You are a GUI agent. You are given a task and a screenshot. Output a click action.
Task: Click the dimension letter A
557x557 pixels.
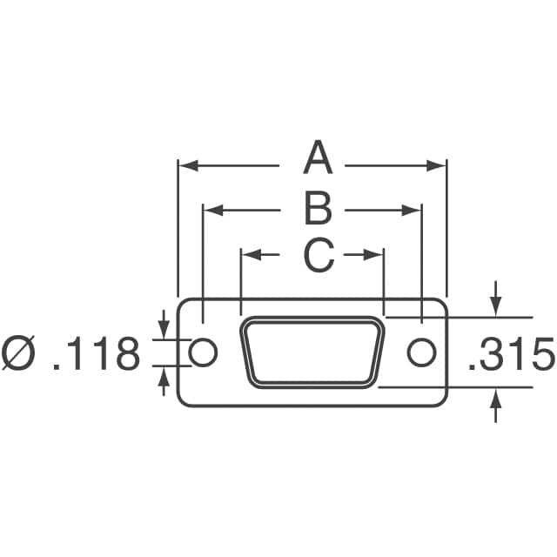coord(318,157)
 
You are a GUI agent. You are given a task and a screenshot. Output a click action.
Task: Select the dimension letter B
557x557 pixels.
coord(319,209)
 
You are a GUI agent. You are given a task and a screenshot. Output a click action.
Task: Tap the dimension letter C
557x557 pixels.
coord(319,255)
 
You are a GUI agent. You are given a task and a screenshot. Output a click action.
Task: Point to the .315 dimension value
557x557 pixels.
coord(511,353)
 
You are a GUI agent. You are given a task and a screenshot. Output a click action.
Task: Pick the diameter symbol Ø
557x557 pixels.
coord(17,352)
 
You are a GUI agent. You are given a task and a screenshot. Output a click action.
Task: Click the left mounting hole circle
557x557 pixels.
coord(203,352)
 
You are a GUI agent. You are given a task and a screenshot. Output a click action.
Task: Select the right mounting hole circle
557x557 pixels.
coord(421,352)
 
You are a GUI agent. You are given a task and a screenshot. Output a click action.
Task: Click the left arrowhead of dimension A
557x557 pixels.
coord(188,165)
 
